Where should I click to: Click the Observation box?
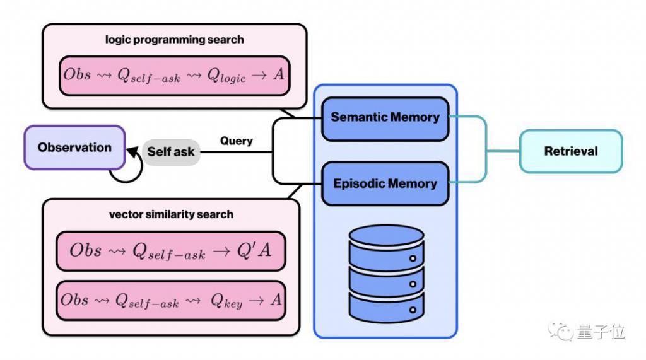click(74, 148)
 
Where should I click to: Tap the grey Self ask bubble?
click(171, 152)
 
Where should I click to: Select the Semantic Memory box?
click(385, 119)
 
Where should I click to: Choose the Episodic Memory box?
click(385, 183)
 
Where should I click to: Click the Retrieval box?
click(570, 151)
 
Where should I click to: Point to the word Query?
click(236, 141)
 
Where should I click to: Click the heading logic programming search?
click(174, 40)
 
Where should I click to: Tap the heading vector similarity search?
click(171, 214)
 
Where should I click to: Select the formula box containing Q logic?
click(174, 76)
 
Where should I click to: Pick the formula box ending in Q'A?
click(170, 251)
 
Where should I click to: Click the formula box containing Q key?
click(170, 300)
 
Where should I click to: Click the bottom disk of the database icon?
click(387, 307)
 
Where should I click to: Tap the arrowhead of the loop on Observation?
click(132, 152)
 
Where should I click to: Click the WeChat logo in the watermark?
click(560, 331)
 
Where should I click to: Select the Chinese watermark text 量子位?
click(601, 331)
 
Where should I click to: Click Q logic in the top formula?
click(226, 76)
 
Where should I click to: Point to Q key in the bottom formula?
click(226, 301)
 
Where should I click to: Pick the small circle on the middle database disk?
click(413, 284)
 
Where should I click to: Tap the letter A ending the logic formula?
click(278, 74)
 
